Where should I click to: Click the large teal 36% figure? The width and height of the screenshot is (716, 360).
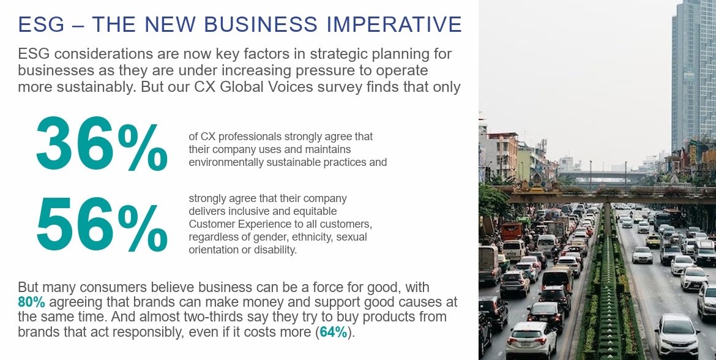tap(102, 144)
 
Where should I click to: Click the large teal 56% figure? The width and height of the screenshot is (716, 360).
tap(102, 225)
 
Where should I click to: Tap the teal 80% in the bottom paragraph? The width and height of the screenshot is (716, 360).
tap(31, 302)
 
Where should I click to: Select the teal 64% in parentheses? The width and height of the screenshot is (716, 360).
tap(334, 332)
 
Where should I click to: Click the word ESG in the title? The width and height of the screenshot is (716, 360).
tap(41, 24)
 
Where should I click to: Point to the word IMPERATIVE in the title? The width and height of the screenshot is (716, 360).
tap(394, 24)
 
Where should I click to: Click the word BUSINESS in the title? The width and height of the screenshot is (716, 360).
tap(260, 24)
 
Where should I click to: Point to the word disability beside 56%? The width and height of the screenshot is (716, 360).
tap(278, 250)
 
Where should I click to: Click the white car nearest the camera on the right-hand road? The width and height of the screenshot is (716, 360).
tap(676, 336)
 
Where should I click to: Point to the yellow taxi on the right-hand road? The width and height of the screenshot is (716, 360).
tap(653, 241)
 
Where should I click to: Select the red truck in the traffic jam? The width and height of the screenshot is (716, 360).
tap(511, 231)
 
